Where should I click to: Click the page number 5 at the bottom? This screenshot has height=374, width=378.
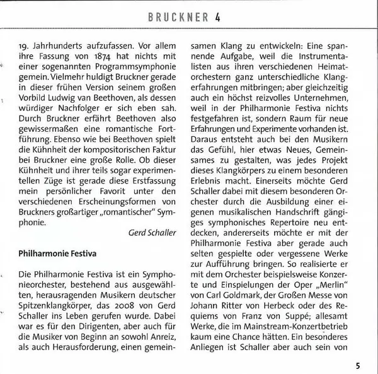[x=357, y=365]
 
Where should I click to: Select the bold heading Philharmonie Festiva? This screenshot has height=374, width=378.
[x=57, y=254]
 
